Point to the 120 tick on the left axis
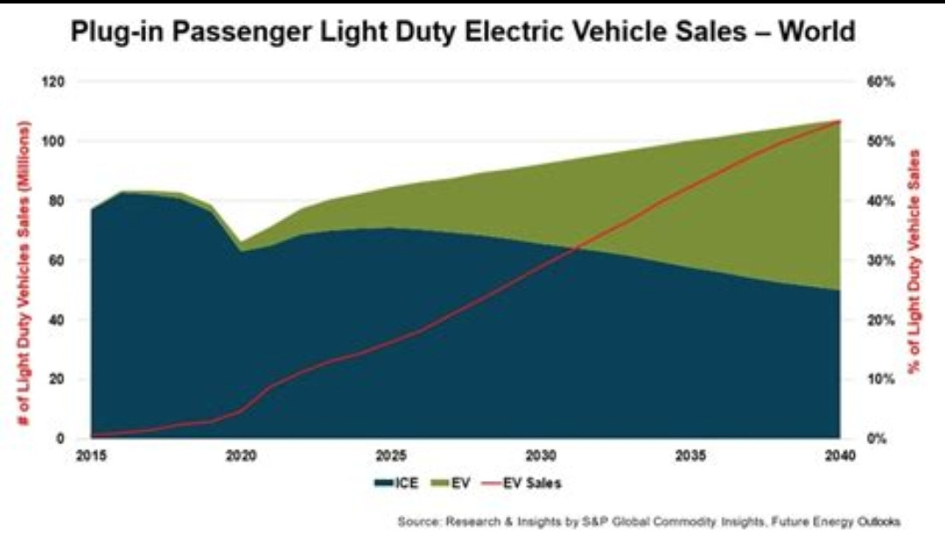[55, 81]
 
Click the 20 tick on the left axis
[58, 379]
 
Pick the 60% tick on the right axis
[878, 81]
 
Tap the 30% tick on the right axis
[878, 261]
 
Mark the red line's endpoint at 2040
[839, 121]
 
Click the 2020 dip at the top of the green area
[241, 242]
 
